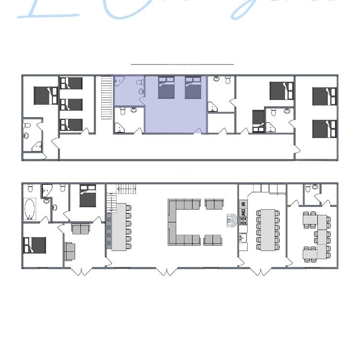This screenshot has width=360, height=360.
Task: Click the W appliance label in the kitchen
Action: pyautogui.click(x=243, y=204)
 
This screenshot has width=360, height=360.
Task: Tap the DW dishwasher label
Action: pyautogui.click(x=243, y=212)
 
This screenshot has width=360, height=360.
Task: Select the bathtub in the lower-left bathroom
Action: pyautogui.click(x=30, y=209)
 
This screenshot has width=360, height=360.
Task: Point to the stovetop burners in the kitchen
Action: pyautogui.click(x=243, y=221)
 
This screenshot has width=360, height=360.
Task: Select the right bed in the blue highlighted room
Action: pyautogui.click(x=192, y=87)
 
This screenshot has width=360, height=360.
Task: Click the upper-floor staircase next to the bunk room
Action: pyautogui.click(x=106, y=98)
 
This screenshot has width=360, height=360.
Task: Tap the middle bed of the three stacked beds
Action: pyautogui.click(x=72, y=104)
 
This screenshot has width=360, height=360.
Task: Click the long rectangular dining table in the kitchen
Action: pyautogui.click(x=264, y=229)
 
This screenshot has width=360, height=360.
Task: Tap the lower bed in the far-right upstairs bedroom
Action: pyautogui.click(x=324, y=129)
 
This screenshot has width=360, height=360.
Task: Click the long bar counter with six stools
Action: pyautogui.click(x=118, y=227)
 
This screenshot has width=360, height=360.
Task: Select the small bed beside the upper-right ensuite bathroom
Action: pyautogui.click(x=258, y=120)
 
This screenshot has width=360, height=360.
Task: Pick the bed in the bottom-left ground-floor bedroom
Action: pyautogui.click(x=35, y=245)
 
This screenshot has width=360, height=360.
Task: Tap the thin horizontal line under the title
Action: pyautogui.click(x=182, y=64)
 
